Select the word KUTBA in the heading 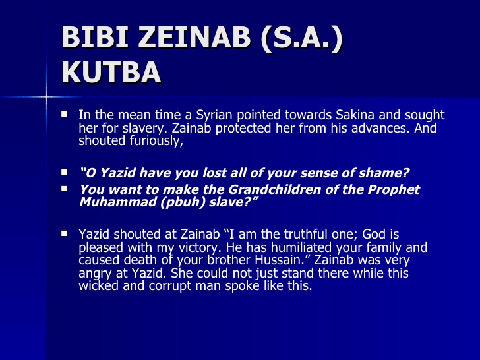click(x=111, y=72)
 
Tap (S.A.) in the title click(x=303, y=39)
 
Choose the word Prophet click(x=392, y=189)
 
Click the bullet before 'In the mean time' click(x=65, y=114)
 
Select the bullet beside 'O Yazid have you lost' click(x=65, y=173)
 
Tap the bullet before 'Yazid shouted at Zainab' click(x=65, y=233)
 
